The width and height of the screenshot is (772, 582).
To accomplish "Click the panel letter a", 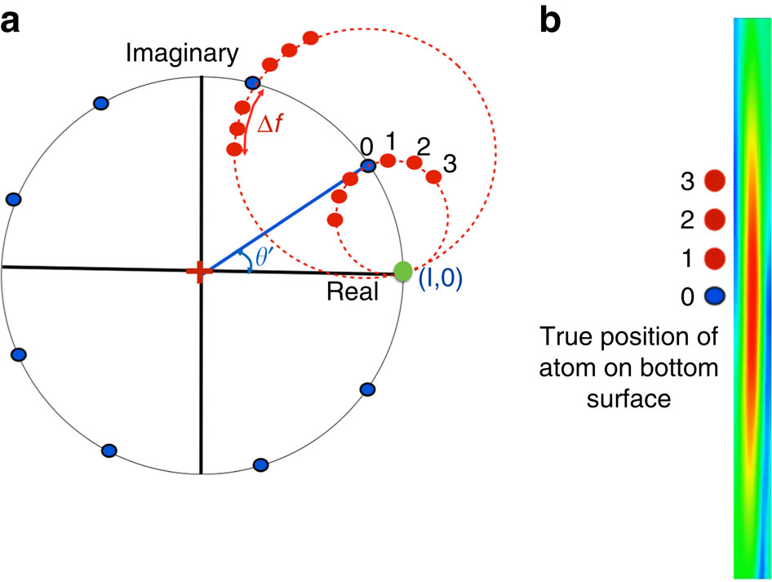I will (x=11, y=22).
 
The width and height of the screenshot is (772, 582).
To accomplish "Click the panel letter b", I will (x=552, y=20).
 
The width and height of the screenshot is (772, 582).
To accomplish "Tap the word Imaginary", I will (x=182, y=55).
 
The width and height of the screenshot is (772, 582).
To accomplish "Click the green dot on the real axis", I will (x=402, y=271).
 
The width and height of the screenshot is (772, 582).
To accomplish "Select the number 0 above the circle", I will (x=366, y=146).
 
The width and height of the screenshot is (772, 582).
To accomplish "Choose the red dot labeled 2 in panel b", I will (x=715, y=219).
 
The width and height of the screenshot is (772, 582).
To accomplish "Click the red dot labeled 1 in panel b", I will (x=715, y=258).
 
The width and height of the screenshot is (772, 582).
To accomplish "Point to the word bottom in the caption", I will (x=683, y=369).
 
